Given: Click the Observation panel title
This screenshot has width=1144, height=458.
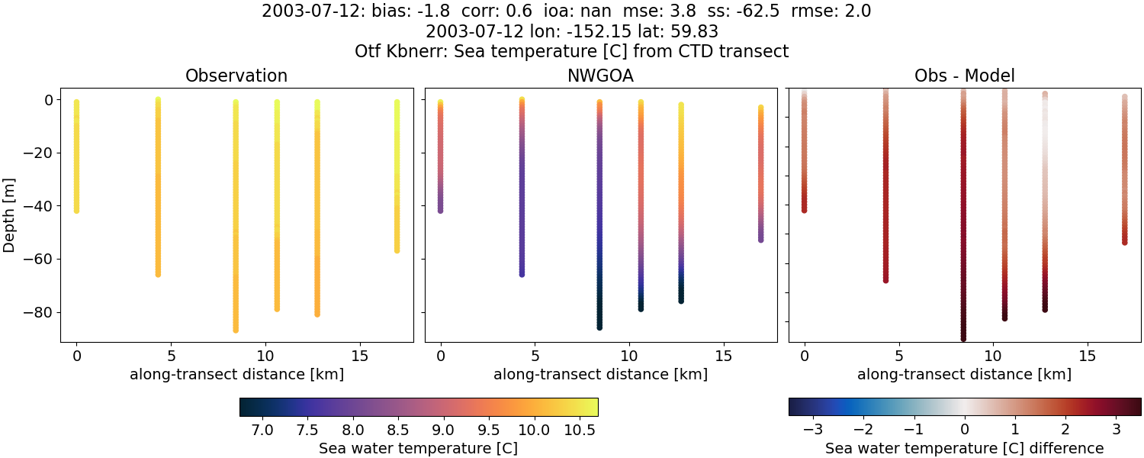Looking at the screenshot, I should (236, 76).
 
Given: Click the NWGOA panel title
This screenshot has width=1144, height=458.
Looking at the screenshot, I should (600, 76).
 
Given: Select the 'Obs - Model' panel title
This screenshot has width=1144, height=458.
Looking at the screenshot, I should (964, 76).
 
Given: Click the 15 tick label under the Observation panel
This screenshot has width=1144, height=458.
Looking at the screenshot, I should (359, 356).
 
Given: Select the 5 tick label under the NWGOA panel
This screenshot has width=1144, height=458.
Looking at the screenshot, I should (535, 356).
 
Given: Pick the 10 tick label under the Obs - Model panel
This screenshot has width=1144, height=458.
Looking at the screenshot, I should (994, 356).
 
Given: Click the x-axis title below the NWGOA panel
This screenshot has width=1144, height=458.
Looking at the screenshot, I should (600, 375).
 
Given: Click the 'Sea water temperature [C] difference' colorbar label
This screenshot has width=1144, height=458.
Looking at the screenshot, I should (964, 448).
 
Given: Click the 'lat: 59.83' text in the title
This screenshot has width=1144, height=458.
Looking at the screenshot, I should (679, 32).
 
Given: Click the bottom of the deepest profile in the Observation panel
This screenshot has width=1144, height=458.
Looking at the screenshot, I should (236, 330).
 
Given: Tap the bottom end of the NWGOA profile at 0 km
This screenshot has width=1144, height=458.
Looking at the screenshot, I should (440, 210).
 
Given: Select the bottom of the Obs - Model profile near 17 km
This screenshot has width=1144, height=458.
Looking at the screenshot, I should (1124, 242).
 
